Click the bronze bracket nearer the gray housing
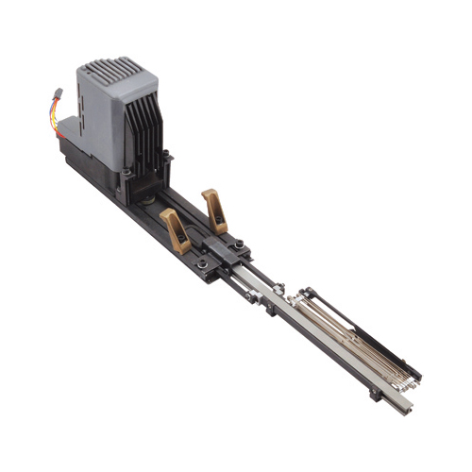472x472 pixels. point(176,229)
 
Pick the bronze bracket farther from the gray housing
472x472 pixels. point(215,209)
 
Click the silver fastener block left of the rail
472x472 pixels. point(253,295)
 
